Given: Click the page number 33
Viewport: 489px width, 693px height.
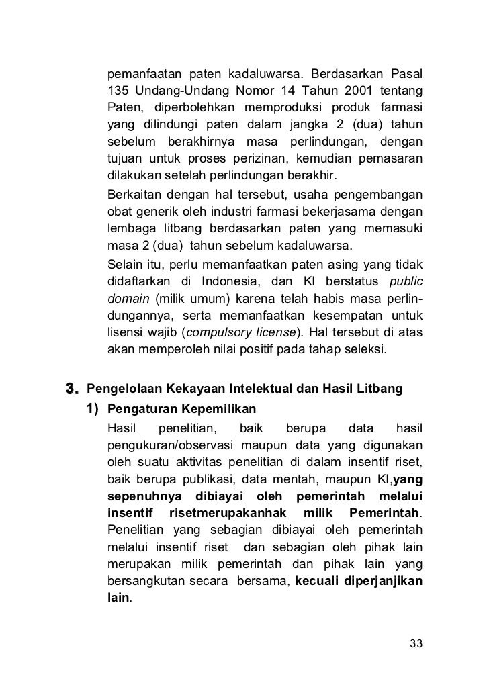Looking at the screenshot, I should pyautogui.click(x=416, y=644).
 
